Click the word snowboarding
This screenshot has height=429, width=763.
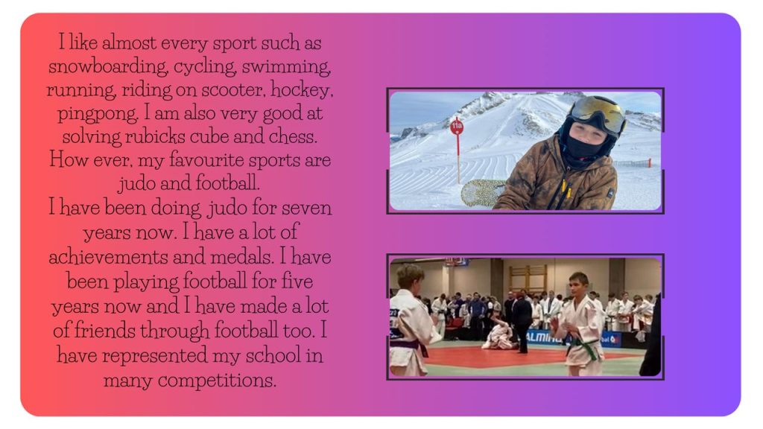tap(108, 66)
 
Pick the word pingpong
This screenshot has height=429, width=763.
tap(98, 114)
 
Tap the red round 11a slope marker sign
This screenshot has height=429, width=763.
tap(457, 127)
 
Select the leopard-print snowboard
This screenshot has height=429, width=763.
tap(483, 193)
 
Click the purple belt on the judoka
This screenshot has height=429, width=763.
tap(410, 346)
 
